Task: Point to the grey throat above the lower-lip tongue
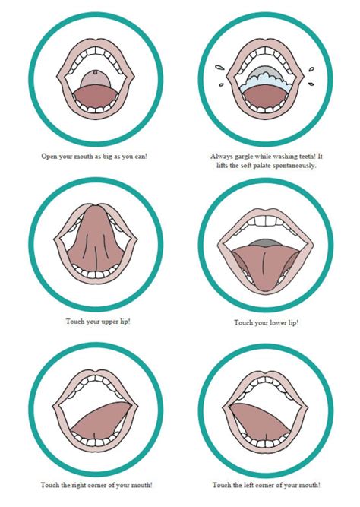click(260, 242)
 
